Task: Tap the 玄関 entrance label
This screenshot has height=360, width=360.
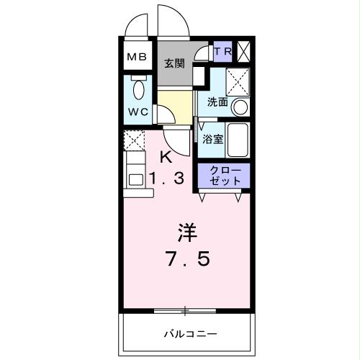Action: [x=174, y=63]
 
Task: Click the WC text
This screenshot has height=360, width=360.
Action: [x=138, y=112]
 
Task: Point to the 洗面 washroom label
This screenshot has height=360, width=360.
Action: [x=217, y=102]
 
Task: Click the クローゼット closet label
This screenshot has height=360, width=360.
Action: [x=224, y=176]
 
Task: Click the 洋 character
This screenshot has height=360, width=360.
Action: [x=187, y=232]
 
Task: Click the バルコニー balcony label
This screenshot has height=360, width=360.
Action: [x=189, y=333]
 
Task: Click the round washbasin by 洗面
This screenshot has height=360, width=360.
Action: [x=240, y=107]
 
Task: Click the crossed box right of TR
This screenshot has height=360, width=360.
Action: [x=244, y=51]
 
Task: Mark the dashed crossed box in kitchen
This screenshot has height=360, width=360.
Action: [x=133, y=140]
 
